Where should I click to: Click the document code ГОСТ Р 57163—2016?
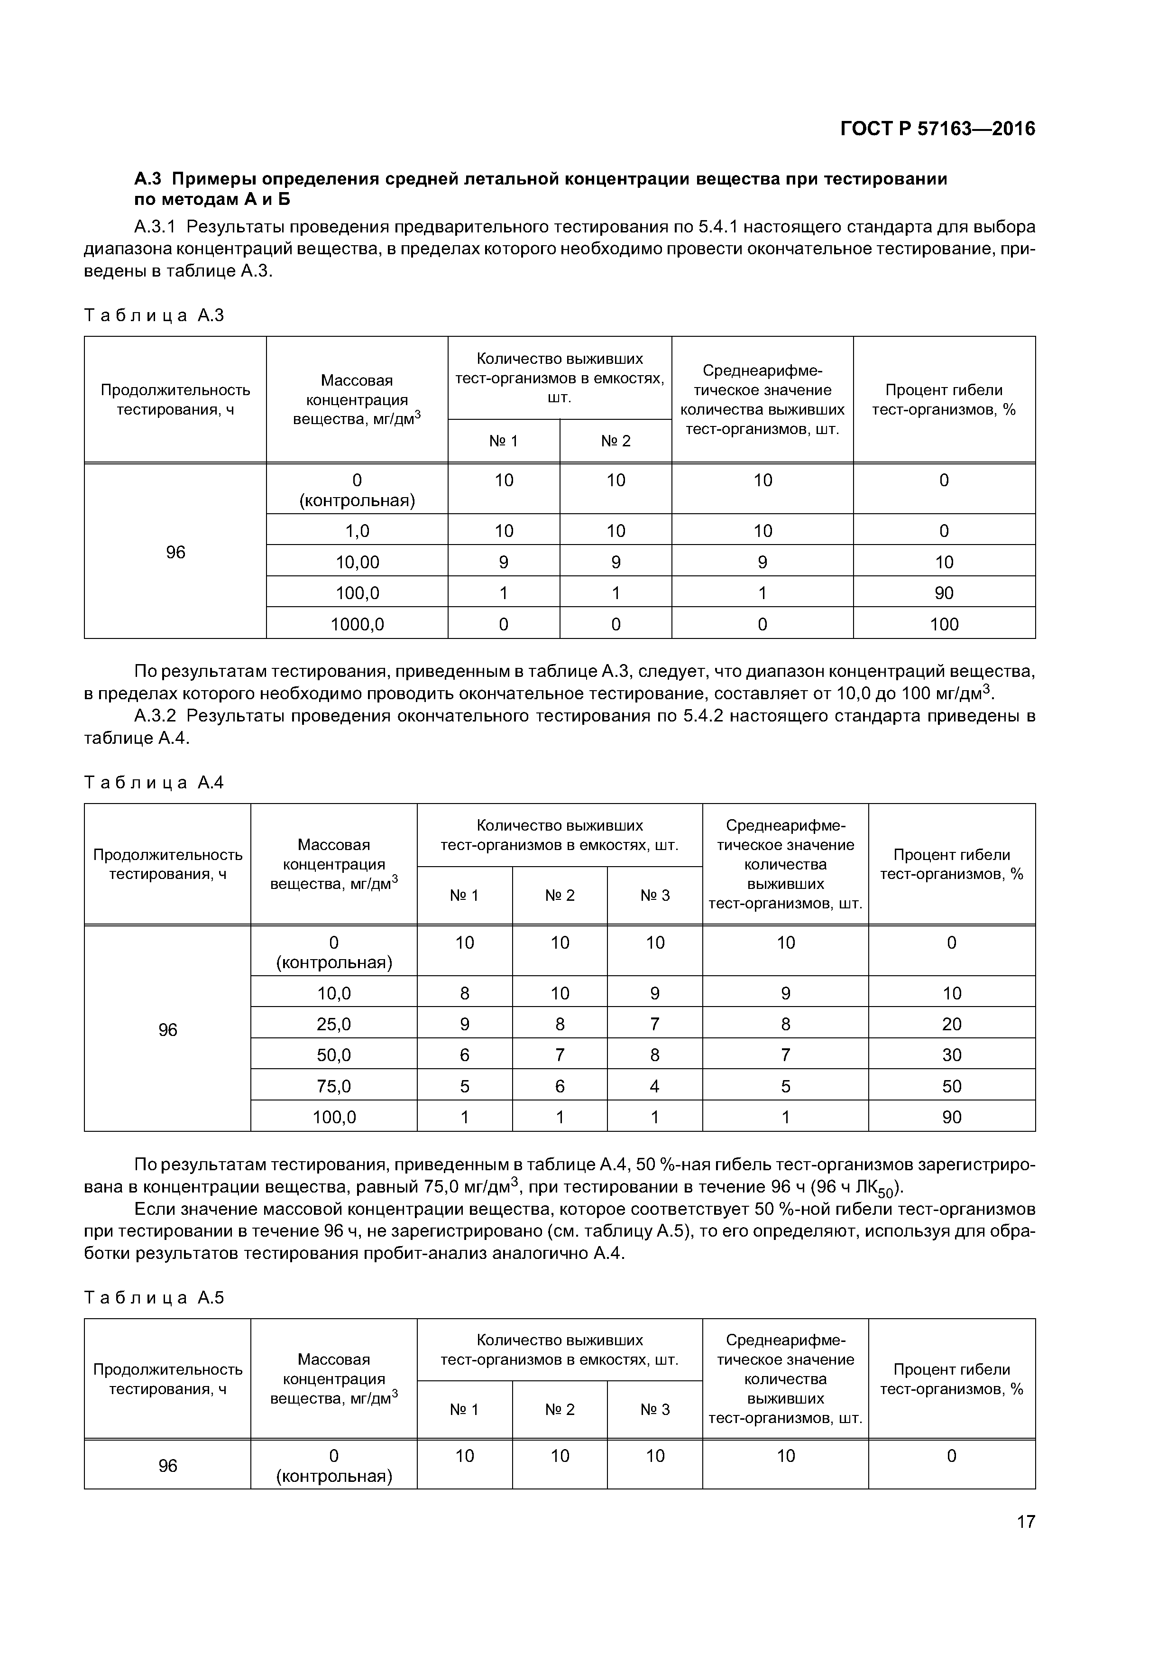point(937,129)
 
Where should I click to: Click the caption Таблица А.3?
point(154,315)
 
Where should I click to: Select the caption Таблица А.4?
point(154,782)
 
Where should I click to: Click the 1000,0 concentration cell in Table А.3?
point(357,624)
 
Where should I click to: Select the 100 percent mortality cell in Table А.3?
point(944,624)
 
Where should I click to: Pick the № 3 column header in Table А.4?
point(654,895)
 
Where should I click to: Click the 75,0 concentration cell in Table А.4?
point(333,1086)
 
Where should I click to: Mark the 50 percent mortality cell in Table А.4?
point(951,1086)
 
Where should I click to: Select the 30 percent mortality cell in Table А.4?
point(951,1054)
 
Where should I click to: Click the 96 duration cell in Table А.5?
point(167,1465)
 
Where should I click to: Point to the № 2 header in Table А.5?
point(560,1409)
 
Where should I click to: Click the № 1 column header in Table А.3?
point(504,441)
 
